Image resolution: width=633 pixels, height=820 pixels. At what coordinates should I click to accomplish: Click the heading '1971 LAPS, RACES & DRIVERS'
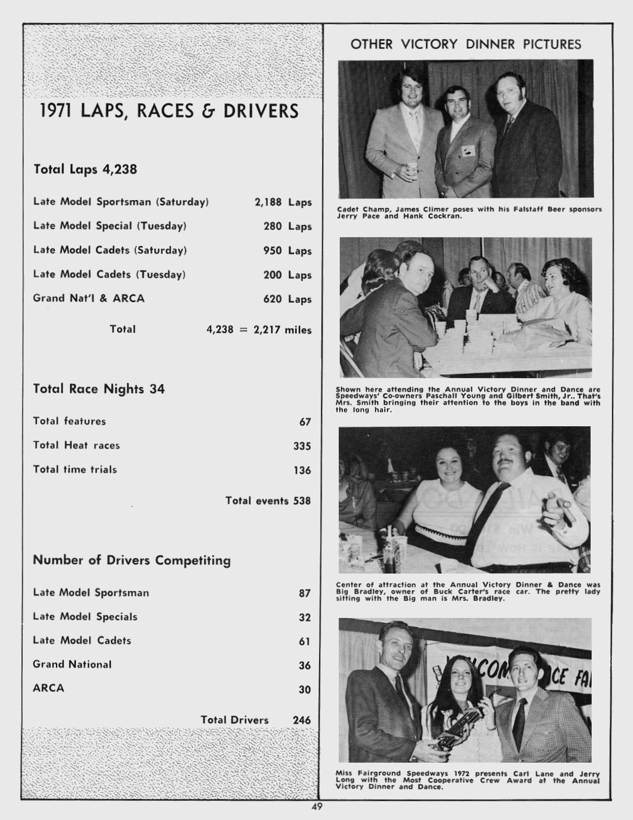point(169,112)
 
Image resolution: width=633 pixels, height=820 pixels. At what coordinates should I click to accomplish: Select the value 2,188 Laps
point(283,202)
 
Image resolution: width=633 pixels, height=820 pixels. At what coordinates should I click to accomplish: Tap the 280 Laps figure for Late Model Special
point(287,226)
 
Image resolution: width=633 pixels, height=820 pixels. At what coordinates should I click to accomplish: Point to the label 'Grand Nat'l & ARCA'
point(88,298)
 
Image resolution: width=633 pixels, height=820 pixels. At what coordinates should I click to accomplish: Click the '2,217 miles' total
point(282,330)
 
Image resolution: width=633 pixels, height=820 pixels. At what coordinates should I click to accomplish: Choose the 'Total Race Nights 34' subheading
point(99,389)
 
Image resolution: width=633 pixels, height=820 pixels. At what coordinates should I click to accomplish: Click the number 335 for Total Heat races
point(302,446)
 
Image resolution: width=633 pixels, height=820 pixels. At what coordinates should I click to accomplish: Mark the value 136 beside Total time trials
point(302,470)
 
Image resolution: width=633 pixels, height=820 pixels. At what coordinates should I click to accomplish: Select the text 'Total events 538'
point(268,500)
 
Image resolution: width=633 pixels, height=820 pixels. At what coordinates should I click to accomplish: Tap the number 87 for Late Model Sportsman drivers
point(305,593)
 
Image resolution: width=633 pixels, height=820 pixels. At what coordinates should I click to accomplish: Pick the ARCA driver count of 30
point(305,689)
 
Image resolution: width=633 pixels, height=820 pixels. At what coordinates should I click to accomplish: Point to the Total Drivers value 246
point(302,720)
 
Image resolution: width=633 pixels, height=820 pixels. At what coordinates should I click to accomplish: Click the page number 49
point(317,807)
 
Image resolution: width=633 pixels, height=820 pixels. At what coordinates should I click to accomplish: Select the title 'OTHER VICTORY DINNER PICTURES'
point(465,44)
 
